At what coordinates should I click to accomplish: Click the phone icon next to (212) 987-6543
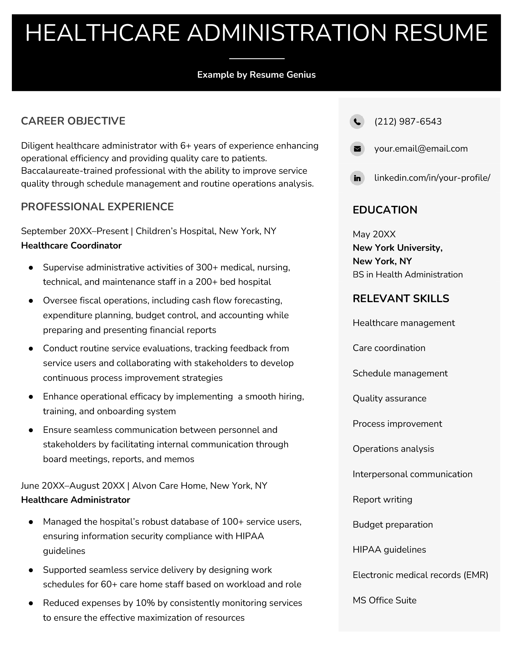[x=357, y=122]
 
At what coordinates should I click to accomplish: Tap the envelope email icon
[x=357, y=149]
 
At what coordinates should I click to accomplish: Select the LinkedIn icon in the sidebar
[x=357, y=178]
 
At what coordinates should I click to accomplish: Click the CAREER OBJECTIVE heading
[x=73, y=121]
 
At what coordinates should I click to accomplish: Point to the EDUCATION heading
[x=385, y=210]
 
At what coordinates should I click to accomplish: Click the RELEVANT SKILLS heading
[x=401, y=299]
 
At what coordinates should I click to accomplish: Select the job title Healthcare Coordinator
[x=71, y=246]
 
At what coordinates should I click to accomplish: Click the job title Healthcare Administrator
[x=75, y=500]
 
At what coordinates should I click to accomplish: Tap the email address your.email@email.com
[x=421, y=149]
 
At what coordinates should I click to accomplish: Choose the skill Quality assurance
[x=389, y=398]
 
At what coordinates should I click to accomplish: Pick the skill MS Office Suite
[x=384, y=600]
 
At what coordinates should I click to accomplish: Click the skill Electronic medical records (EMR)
[x=420, y=575]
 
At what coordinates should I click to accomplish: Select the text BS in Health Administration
[x=408, y=275]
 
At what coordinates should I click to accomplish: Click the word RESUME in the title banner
[x=441, y=33]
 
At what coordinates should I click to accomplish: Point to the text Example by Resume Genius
[x=256, y=75]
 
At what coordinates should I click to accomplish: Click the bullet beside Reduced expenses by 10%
[x=31, y=603]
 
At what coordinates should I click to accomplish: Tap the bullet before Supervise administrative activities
[x=31, y=267]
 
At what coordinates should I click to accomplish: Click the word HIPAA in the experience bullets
[x=249, y=536]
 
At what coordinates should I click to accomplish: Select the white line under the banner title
[x=257, y=59]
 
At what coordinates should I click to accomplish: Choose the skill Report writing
[x=382, y=500]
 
